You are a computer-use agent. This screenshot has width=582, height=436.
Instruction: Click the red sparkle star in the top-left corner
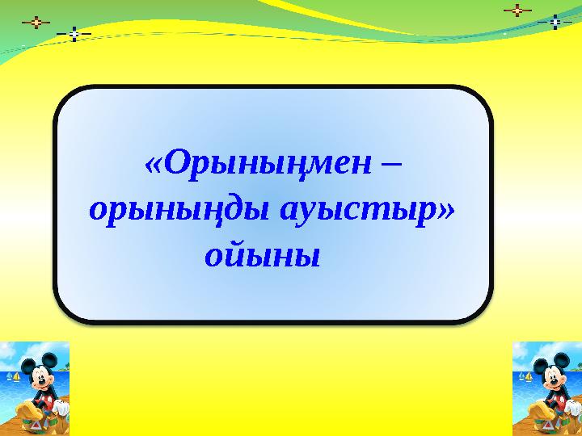(x=36, y=22)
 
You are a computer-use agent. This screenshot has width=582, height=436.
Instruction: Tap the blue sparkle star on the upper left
(x=74, y=34)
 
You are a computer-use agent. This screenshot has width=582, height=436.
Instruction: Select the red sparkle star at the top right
(x=517, y=11)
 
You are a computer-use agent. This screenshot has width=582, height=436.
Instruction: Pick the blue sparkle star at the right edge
(x=555, y=22)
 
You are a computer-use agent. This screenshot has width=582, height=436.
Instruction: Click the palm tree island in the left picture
(x=66, y=367)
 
